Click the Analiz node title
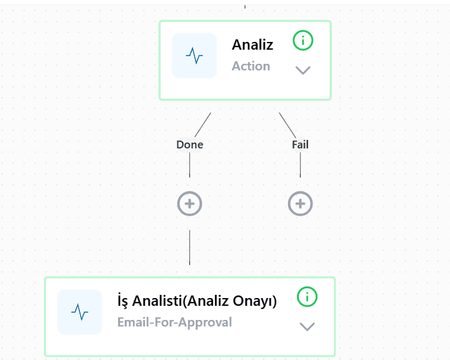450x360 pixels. coord(252,45)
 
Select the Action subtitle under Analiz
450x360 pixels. coord(251,66)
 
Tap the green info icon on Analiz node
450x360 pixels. coord(303,41)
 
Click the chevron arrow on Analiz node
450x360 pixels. coord(303,70)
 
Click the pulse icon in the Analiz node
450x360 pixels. coord(194,55)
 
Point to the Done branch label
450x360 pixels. coord(190,145)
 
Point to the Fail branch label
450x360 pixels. coord(300,145)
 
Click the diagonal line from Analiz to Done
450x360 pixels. coord(203,125)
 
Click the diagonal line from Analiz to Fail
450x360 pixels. coord(287,125)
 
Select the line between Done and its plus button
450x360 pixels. coord(189,165)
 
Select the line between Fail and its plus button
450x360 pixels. coord(300,165)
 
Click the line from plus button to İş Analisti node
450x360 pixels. coord(189,247)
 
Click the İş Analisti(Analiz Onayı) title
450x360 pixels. coord(197,301)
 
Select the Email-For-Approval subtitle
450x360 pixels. coord(174,322)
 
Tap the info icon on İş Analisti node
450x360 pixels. coord(307,297)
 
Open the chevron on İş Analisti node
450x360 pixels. coord(307,326)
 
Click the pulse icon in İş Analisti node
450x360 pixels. coord(79,312)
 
